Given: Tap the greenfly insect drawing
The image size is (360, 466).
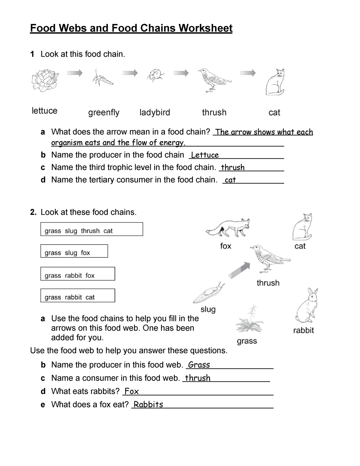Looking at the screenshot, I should (102, 78).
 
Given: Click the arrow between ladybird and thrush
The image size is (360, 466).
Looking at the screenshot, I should (181, 73).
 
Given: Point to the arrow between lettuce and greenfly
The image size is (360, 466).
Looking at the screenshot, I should (75, 73).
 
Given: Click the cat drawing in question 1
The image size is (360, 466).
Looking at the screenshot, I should (275, 82).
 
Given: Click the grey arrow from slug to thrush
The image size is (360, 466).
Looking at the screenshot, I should (239, 270).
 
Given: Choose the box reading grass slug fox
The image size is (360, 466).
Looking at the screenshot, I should (74, 251).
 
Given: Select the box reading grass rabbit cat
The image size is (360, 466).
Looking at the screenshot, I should (78, 296).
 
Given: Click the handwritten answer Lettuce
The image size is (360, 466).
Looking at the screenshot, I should (205, 155).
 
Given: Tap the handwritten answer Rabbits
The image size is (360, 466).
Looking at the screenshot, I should (148, 404).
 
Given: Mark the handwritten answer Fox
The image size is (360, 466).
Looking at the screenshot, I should (131, 391).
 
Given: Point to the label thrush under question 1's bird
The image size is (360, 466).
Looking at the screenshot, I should (214, 113).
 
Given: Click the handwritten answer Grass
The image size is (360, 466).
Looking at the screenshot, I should (199, 365).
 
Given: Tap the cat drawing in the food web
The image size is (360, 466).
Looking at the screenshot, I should (302, 227).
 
